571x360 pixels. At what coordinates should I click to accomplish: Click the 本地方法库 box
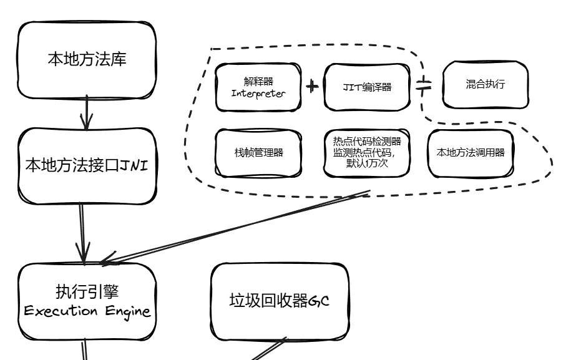pos(85,60)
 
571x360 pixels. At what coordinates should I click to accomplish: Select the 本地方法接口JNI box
pos(85,166)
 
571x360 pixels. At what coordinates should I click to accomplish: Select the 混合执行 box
pos(485,86)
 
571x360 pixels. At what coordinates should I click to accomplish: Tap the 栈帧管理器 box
pos(258,152)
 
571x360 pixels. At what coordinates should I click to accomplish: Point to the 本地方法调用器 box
pos(470,152)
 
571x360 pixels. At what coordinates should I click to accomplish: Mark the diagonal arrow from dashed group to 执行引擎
pos(237,225)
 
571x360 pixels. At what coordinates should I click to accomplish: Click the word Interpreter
pos(258,94)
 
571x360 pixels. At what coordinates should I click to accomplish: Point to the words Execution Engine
pos(85,311)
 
